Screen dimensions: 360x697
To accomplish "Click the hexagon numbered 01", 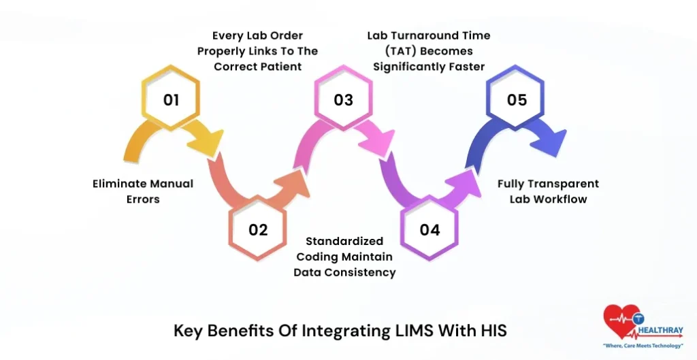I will pyautogui.click(x=171, y=100).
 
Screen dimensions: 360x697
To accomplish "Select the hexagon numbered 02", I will pyautogui.click(x=258, y=229).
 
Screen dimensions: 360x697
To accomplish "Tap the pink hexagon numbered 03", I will pyautogui.click(x=343, y=100).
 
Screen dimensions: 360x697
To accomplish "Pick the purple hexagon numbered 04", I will pyautogui.click(x=429, y=229).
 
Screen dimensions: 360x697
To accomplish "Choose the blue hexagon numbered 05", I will pyautogui.click(x=517, y=100).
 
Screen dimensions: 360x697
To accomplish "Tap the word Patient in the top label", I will pyautogui.click(x=284, y=66).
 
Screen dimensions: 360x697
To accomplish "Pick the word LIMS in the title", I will pyautogui.click(x=412, y=331).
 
